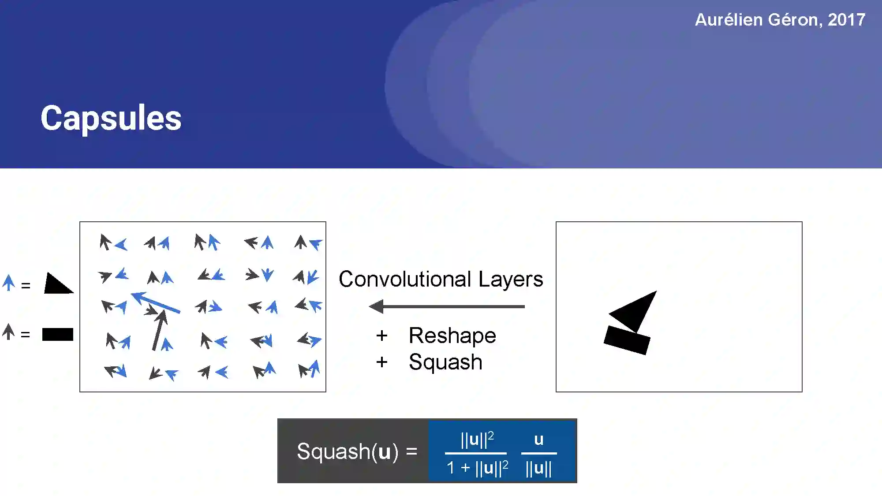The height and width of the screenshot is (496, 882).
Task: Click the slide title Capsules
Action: tap(111, 118)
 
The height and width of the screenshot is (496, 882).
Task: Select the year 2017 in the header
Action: tap(846, 20)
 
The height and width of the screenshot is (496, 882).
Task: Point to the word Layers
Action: tap(511, 279)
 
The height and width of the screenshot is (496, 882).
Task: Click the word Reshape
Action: tap(452, 336)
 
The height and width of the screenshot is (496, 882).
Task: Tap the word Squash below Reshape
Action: tap(445, 362)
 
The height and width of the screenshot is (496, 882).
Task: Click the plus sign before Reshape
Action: tap(382, 336)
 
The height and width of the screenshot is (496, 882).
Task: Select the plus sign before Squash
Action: tap(382, 362)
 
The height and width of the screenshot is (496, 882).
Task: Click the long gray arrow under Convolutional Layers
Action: tap(446, 306)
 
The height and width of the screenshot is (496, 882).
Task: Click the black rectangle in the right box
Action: tap(627, 340)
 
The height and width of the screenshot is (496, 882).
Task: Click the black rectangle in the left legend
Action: tap(58, 335)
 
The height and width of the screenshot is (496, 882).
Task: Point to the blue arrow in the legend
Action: tap(8, 283)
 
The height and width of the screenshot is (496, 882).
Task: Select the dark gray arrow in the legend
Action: tap(8, 332)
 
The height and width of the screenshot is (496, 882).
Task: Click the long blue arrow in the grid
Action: tap(155, 302)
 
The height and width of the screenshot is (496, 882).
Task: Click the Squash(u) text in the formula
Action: tap(348, 451)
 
